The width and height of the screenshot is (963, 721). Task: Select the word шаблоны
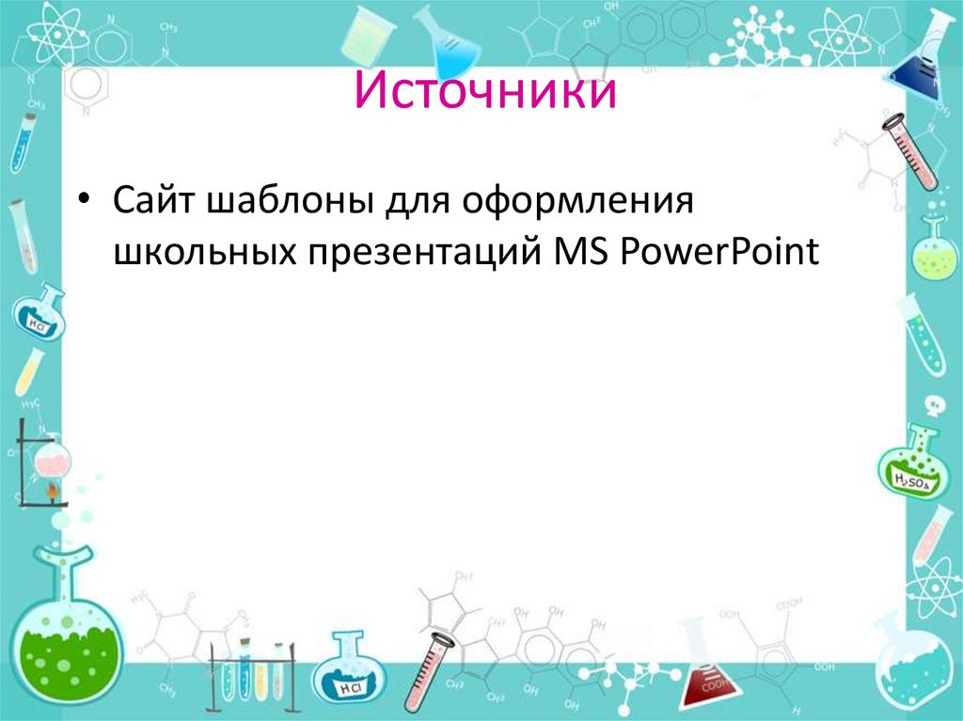[x=286, y=200]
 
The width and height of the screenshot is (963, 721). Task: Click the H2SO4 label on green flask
[x=911, y=481]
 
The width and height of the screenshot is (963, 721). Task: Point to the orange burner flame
[x=51, y=492]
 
